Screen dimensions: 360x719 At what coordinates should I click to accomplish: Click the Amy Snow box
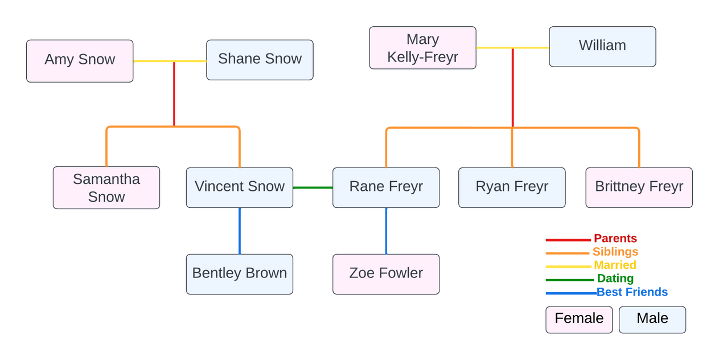click(80, 60)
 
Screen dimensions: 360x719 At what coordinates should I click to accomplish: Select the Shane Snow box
click(260, 59)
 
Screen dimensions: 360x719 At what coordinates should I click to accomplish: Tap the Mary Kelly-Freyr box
click(422, 48)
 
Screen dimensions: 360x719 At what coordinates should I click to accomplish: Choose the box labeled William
click(602, 46)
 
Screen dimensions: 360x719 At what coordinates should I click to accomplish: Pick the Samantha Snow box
click(106, 187)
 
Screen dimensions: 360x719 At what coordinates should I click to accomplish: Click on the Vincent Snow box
click(240, 187)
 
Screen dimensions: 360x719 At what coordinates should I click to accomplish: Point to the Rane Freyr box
click(386, 187)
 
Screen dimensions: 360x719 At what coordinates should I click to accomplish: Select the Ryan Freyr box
click(512, 187)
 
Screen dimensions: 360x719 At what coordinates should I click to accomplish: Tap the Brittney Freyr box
click(639, 187)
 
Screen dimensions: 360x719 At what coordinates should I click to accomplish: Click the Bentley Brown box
click(240, 273)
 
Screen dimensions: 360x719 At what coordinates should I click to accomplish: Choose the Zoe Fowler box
click(386, 273)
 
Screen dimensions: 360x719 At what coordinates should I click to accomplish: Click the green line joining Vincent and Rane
click(313, 187)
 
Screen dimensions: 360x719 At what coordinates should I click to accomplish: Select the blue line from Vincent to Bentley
click(240, 231)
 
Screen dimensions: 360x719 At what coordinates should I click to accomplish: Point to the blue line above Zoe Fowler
click(386, 231)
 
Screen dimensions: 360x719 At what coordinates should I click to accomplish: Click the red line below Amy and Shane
click(174, 94)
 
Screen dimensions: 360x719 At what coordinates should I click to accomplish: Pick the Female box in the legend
click(579, 319)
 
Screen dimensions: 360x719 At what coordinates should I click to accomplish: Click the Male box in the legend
click(652, 319)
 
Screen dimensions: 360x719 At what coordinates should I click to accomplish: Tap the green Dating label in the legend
click(615, 279)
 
